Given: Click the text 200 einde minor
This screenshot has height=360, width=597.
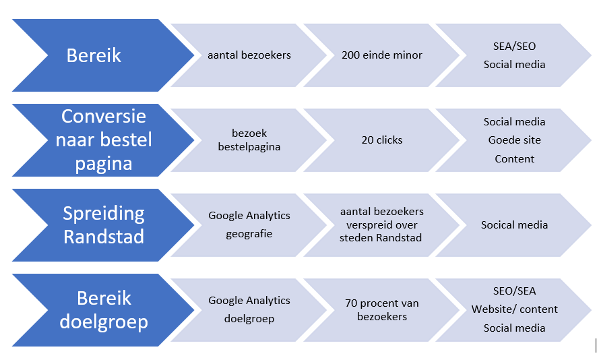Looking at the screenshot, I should [x=382, y=55].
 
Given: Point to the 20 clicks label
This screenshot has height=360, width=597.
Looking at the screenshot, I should [x=382, y=140].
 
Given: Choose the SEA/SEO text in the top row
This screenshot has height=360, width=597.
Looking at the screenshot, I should [x=514, y=47].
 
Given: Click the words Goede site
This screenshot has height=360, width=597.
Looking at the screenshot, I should [x=514, y=140].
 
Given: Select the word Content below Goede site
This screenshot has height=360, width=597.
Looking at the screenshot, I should [x=514, y=159].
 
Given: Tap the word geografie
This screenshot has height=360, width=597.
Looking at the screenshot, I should [x=249, y=234].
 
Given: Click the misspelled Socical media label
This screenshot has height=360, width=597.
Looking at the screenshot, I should [x=514, y=225].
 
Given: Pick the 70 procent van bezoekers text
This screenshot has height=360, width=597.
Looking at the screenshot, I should [x=382, y=309].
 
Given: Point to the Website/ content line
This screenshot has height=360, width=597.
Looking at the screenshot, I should [x=514, y=309].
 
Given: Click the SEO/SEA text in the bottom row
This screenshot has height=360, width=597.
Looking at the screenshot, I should [x=514, y=291].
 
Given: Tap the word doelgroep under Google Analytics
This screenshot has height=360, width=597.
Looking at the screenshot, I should [x=249, y=319].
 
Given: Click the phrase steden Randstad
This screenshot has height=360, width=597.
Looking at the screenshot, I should [x=382, y=237].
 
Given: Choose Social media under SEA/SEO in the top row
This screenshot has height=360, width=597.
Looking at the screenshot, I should [x=514, y=65].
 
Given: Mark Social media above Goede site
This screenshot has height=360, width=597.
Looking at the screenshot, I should [x=514, y=122].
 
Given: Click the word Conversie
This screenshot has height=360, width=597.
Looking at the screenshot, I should [x=103, y=116].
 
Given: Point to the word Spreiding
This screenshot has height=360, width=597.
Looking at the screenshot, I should [x=103, y=214].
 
